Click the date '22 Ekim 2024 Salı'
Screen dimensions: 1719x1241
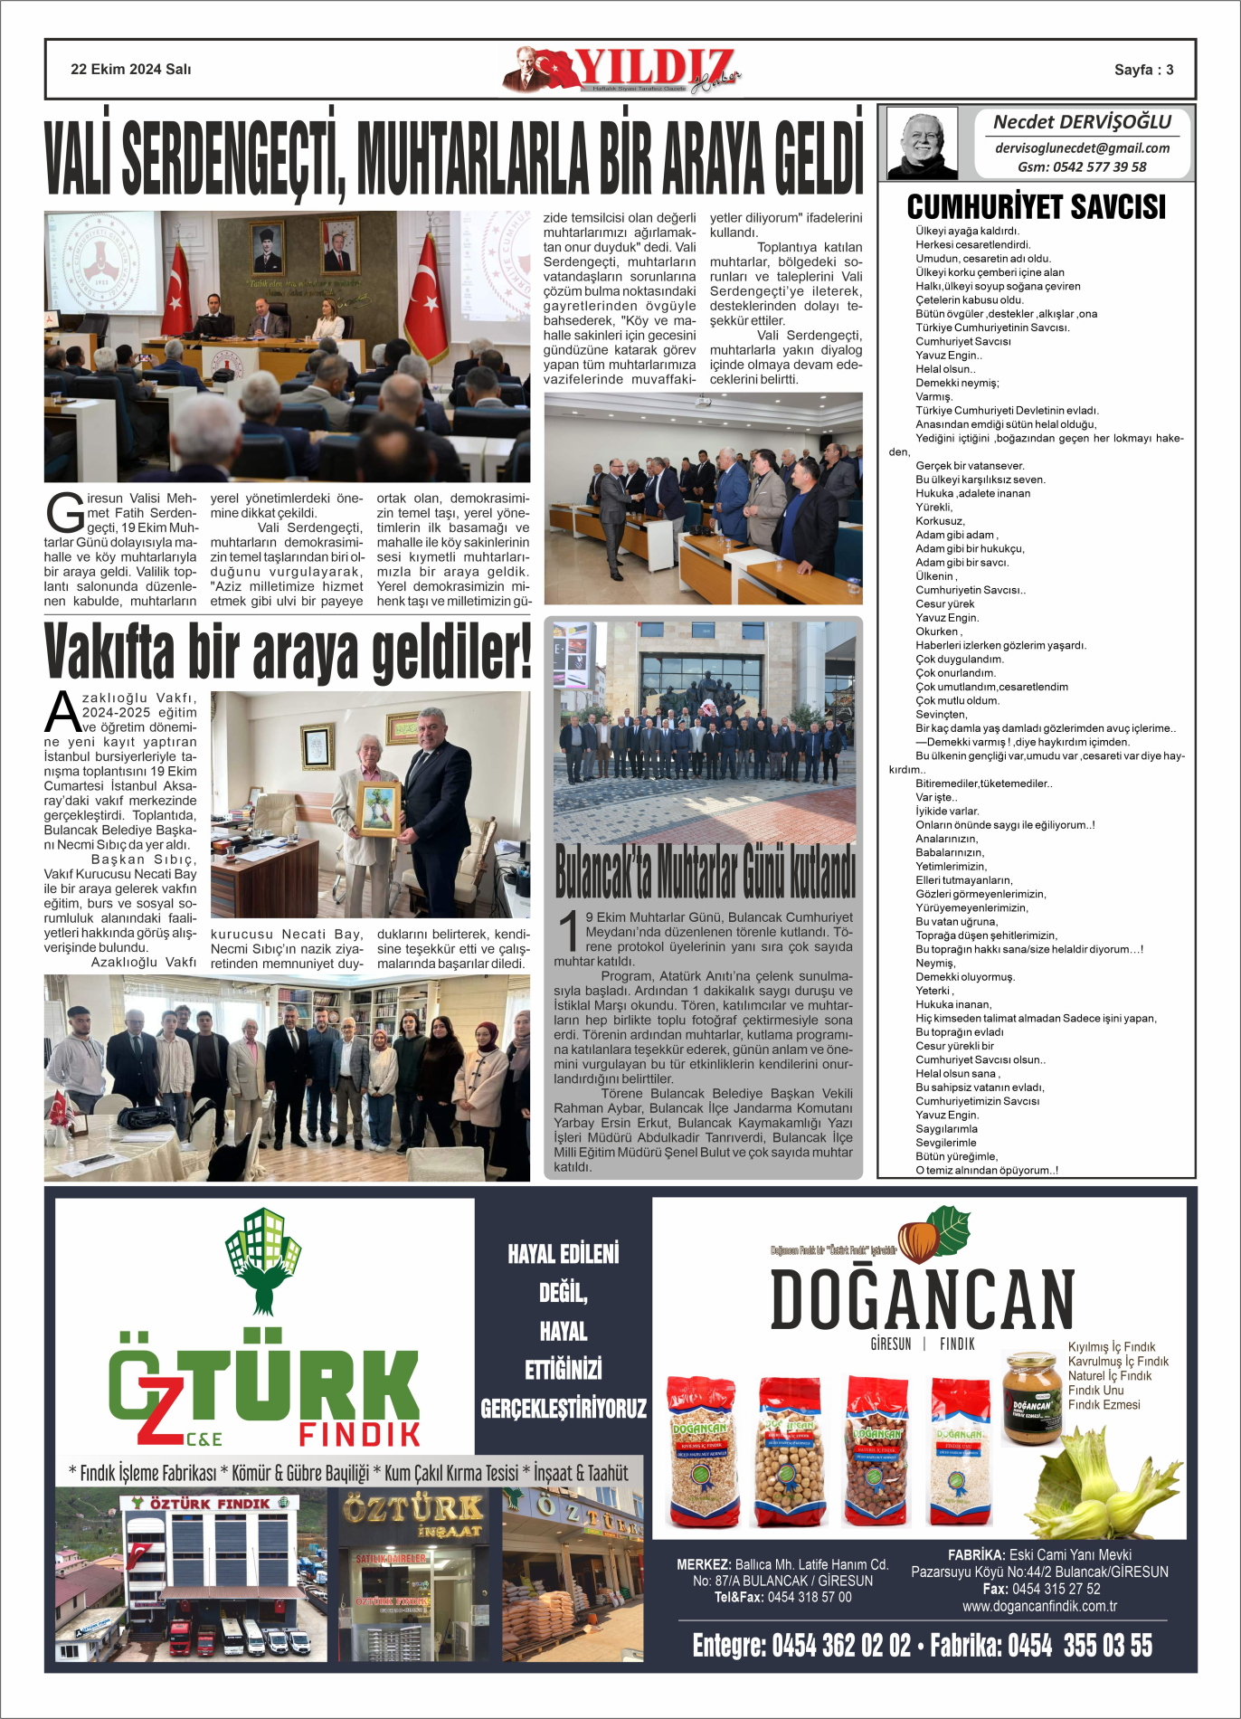[x=130, y=70]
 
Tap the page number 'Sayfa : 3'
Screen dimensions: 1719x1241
[x=1143, y=70]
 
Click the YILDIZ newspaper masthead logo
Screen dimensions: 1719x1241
[x=622, y=70]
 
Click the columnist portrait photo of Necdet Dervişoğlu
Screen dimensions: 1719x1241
[x=922, y=143]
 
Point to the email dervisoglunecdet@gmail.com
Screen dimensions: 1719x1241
[x=1082, y=148]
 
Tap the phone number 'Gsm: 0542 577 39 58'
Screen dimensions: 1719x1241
[x=1082, y=166]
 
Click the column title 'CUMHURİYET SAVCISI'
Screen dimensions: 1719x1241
[x=1036, y=207]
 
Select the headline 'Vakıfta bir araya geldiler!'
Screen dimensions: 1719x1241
[x=287, y=651]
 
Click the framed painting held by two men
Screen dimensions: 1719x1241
[x=378, y=808]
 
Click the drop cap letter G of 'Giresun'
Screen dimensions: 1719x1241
[x=64, y=514]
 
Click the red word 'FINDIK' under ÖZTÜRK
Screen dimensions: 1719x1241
[x=359, y=1434]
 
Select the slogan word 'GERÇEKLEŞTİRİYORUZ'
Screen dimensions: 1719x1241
[x=563, y=1409]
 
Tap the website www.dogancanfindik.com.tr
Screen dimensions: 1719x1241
[x=1039, y=1606]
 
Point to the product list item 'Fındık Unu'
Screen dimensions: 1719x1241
[x=1095, y=1390]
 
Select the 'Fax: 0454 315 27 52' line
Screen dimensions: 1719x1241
[x=1041, y=1589]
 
